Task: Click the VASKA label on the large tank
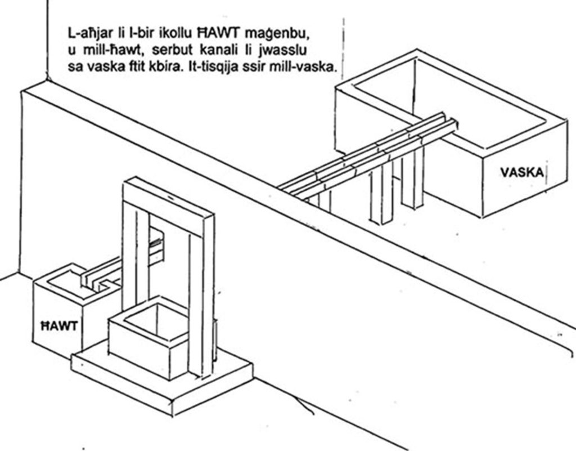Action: point(522,172)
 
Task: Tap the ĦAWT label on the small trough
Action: point(58,325)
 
